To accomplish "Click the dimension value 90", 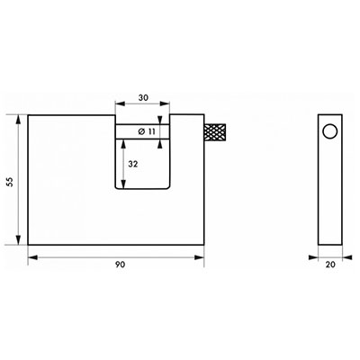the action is click(120, 265).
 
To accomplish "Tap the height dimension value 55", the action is click(11, 182).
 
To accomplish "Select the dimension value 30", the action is click(143, 97).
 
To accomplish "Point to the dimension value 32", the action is click(133, 164).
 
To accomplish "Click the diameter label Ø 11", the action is click(147, 131).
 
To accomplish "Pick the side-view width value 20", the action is click(330, 265).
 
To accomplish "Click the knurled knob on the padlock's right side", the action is click(215, 132).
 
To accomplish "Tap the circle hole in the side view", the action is click(330, 131).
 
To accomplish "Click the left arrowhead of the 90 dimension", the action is click(32, 257).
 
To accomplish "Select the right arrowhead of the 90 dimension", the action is click(200, 257).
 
